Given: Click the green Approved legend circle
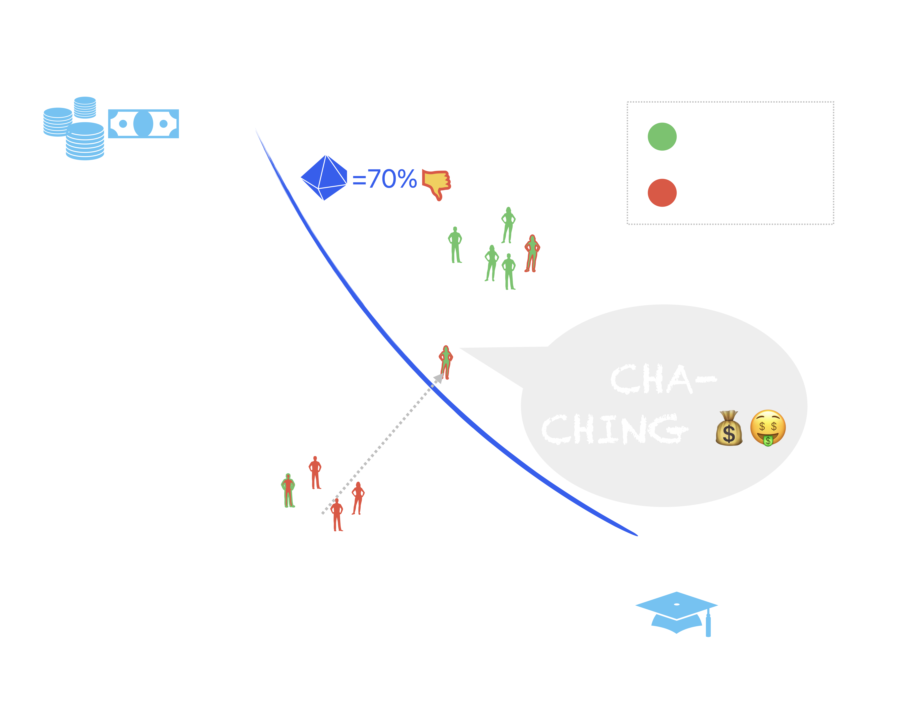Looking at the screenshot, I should point(662,137).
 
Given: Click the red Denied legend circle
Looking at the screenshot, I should point(662,193).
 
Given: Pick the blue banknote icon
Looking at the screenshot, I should point(143,124).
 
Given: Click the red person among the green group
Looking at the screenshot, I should point(531,253).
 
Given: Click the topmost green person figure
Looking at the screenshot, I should point(508,225).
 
